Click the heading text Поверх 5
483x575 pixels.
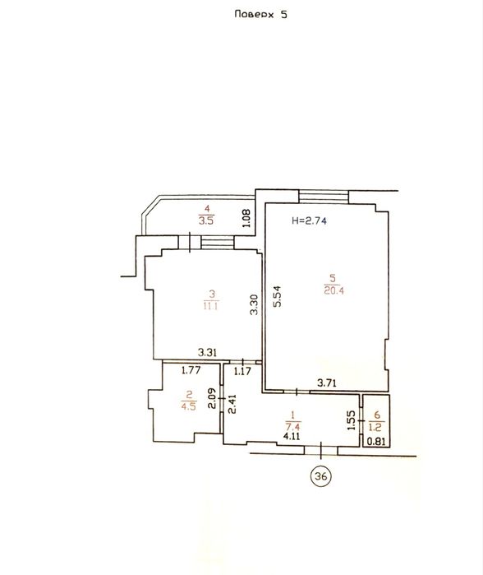pos(260,14)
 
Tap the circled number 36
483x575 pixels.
pos(321,476)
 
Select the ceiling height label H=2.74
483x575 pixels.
pos(309,220)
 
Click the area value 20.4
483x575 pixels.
pos(333,291)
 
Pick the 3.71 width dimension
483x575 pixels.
pos(327,383)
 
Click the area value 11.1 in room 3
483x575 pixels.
pos(210,306)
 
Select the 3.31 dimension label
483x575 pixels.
pos(207,352)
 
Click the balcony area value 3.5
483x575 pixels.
pos(206,221)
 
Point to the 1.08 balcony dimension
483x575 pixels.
pos(246,218)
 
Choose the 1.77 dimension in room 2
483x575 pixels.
pos(191,370)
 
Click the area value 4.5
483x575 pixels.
pos(188,406)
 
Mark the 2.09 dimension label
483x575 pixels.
pos(212,399)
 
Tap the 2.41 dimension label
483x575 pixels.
pos(232,404)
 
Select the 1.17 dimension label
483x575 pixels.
pos(242,372)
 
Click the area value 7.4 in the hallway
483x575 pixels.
pos(293,427)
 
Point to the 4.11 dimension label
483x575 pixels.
pos(292,436)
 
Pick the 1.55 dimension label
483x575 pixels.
pos(351,420)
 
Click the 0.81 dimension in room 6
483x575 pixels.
pos(376,441)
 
